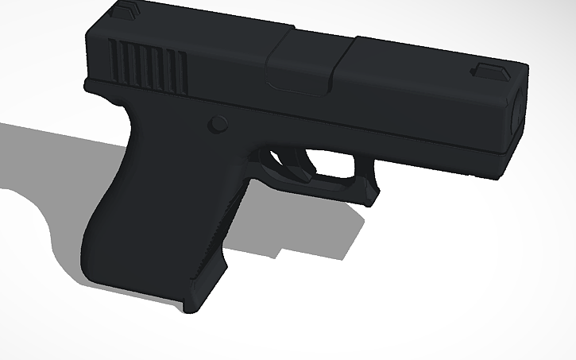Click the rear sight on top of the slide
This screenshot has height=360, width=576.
(x=125, y=10)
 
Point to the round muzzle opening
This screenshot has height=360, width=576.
(x=516, y=111)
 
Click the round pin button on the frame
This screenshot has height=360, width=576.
(x=217, y=124)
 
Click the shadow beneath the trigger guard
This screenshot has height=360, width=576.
(x=318, y=230)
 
